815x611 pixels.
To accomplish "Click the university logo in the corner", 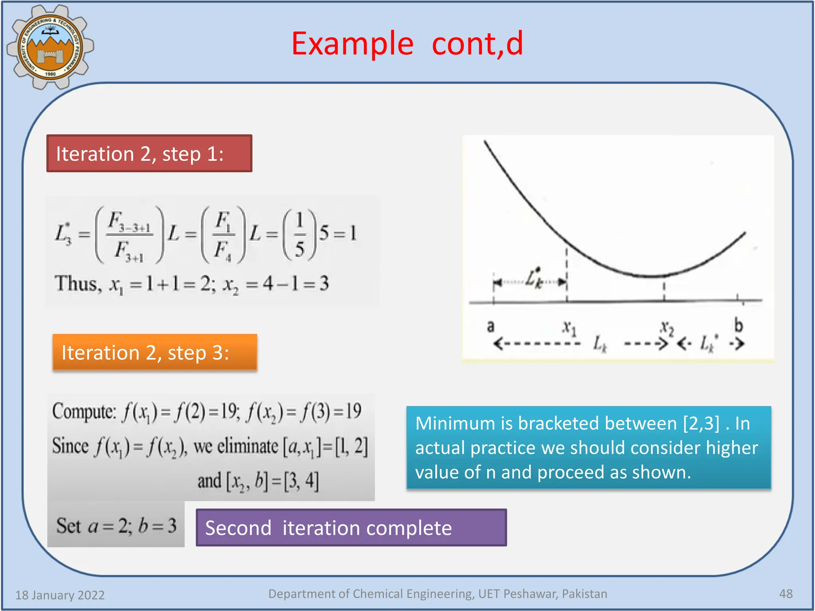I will (x=50, y=47).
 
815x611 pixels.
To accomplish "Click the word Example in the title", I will (x=352, y=44).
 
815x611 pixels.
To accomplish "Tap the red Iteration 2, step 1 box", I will (x=149, y=154).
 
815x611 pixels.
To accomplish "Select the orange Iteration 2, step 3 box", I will (x=154, y=352).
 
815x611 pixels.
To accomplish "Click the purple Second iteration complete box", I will (x=351, y=528).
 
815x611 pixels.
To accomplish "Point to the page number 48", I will (x=786, y=593).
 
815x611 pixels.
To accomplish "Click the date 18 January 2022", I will (x=60, y=595).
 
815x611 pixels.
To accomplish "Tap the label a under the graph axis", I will (x=491, y=326).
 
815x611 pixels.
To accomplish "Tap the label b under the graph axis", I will (x=739, y=325).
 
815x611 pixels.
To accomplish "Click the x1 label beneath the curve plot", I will (x=569, y=328).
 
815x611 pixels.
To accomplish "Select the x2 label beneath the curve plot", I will (x=667, y=329).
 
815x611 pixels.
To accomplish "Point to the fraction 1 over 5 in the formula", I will (x=300, y=234).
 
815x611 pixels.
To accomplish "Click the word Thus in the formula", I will (x=76, y=284).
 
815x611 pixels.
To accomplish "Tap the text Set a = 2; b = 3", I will (x=116, y=526).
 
